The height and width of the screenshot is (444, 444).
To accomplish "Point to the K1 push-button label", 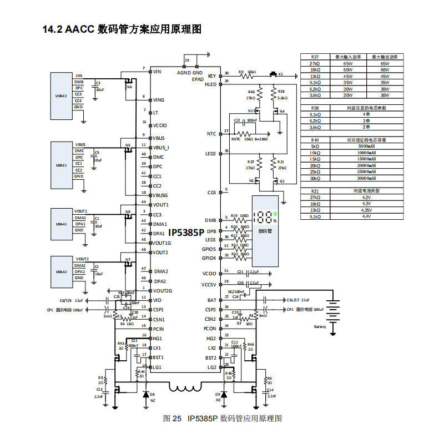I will (x=281, y=74).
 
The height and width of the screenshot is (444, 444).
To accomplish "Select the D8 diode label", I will (x=153, y=394).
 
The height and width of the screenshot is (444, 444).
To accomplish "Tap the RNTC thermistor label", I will (x=236, y=139).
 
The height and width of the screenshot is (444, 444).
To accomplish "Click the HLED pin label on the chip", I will (x=211, y=84).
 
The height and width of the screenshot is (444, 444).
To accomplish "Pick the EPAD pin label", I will (x=198, y=79).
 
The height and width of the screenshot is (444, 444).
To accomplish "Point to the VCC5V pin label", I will (x=209, y=285).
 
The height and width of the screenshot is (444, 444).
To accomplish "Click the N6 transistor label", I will (x=129, y=87).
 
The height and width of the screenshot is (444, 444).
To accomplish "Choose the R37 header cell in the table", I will (x=315, y=57).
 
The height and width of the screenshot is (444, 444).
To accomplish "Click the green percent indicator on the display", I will (x=275, y=214).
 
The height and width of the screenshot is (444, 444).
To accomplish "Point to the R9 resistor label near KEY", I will (x=241, y=72).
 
